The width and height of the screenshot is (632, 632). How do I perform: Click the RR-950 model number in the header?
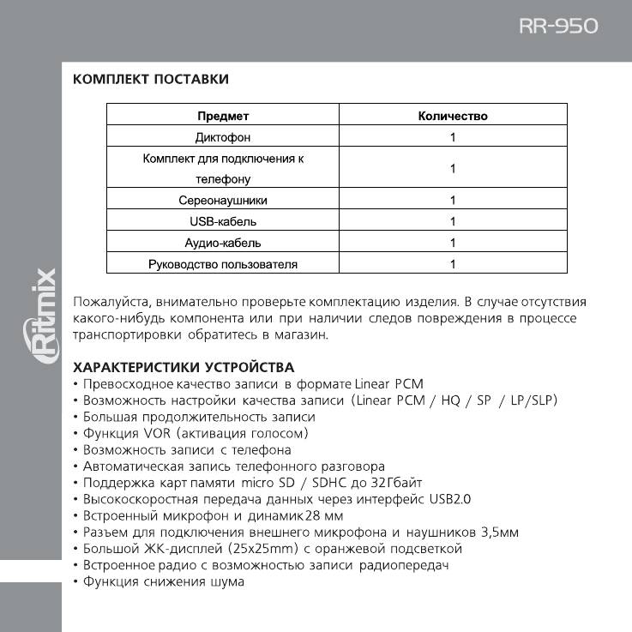[558, 26]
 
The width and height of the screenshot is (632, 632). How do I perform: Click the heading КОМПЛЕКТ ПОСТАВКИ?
[151, 80]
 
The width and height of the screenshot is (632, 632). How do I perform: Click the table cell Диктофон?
[223, 137]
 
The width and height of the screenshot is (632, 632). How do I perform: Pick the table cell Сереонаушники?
[223, 201]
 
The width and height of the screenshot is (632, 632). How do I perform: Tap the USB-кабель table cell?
[223, 221]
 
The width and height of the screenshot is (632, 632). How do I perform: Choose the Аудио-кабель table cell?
[223, 243]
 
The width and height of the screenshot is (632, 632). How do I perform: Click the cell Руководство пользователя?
[223, 264]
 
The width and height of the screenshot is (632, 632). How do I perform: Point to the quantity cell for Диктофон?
[453, 137]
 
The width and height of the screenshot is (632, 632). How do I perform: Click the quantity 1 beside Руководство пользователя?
[453, 264]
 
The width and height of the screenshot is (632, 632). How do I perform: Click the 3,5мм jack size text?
[497, 533]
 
